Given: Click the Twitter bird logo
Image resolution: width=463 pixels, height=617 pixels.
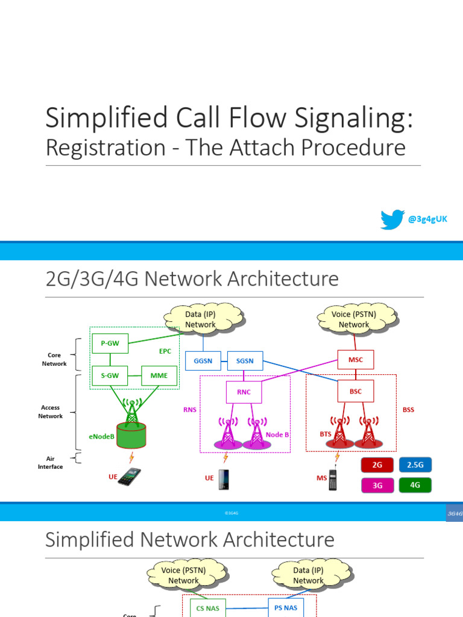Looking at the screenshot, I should coord(392,219).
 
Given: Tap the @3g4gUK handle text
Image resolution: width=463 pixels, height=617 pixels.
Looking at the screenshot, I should coord(427,219).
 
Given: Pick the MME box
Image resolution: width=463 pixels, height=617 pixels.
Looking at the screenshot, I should coord(159,376).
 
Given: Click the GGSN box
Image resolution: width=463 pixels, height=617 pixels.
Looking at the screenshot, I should coord(203,360).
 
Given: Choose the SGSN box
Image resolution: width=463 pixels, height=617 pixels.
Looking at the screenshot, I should coord(245,360).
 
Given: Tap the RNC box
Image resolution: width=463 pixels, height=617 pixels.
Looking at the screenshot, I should coord(244,392).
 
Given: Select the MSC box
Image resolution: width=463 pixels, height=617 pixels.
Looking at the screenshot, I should coord(356,360).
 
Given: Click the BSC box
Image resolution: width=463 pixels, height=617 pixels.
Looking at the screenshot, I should coord(356,390).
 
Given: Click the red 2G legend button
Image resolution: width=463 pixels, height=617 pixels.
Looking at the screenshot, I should coord(377,465).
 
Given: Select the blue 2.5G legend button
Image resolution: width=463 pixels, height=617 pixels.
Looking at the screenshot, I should coord(415,465).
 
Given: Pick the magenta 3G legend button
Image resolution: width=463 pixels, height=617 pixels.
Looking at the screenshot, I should coord(377,486).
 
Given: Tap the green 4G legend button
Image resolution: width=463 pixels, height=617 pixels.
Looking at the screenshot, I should coord(415,486).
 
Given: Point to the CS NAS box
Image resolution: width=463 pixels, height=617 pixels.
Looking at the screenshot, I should coord(204,608).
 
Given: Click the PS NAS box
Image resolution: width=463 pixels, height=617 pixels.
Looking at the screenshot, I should coord(286,608).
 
